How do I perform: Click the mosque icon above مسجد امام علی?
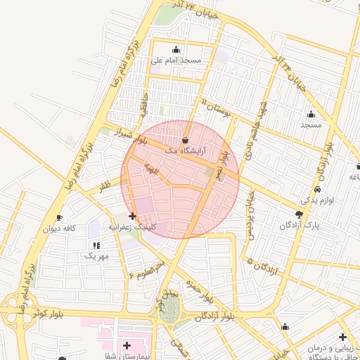pos(176,49)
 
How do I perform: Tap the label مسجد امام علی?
pos(176,60)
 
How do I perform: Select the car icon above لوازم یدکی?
pos(318,190)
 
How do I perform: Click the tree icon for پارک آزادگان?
pos(300,214)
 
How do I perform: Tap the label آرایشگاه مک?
pos(184,150)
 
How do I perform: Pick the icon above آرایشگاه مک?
pos(185,140)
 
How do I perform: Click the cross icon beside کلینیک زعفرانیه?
pos(132,217)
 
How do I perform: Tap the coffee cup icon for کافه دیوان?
pos(59,217)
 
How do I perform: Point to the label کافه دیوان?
pos(59,229)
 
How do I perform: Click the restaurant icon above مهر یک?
pos(96,245)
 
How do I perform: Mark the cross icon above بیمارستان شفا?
pos(126,345)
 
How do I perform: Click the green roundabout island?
pos(169,310)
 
